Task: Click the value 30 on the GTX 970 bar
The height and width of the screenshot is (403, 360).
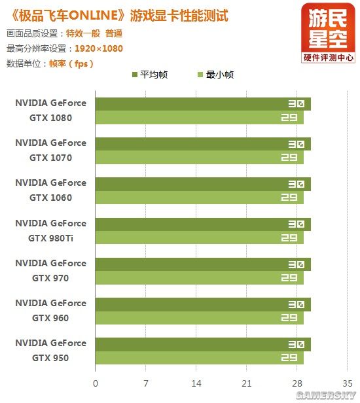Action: pos(296,264)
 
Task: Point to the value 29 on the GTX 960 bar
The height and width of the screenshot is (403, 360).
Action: pos(289,318)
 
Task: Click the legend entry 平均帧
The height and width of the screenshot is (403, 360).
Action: pos(154,75)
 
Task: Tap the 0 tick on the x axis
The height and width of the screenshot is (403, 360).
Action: pos(96,383)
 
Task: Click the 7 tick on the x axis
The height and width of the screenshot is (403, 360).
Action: pos(146,383)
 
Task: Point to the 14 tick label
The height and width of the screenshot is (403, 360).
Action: pos(196,383)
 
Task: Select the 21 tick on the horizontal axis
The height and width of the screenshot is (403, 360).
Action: pos(247,383)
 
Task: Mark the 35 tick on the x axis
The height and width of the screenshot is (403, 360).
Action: pos(348,383)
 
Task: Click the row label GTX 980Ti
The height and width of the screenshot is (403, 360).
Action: pos(50,238)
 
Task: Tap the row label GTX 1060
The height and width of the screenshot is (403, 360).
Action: pos(50,198)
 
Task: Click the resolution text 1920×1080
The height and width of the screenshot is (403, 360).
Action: pos(99,48)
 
